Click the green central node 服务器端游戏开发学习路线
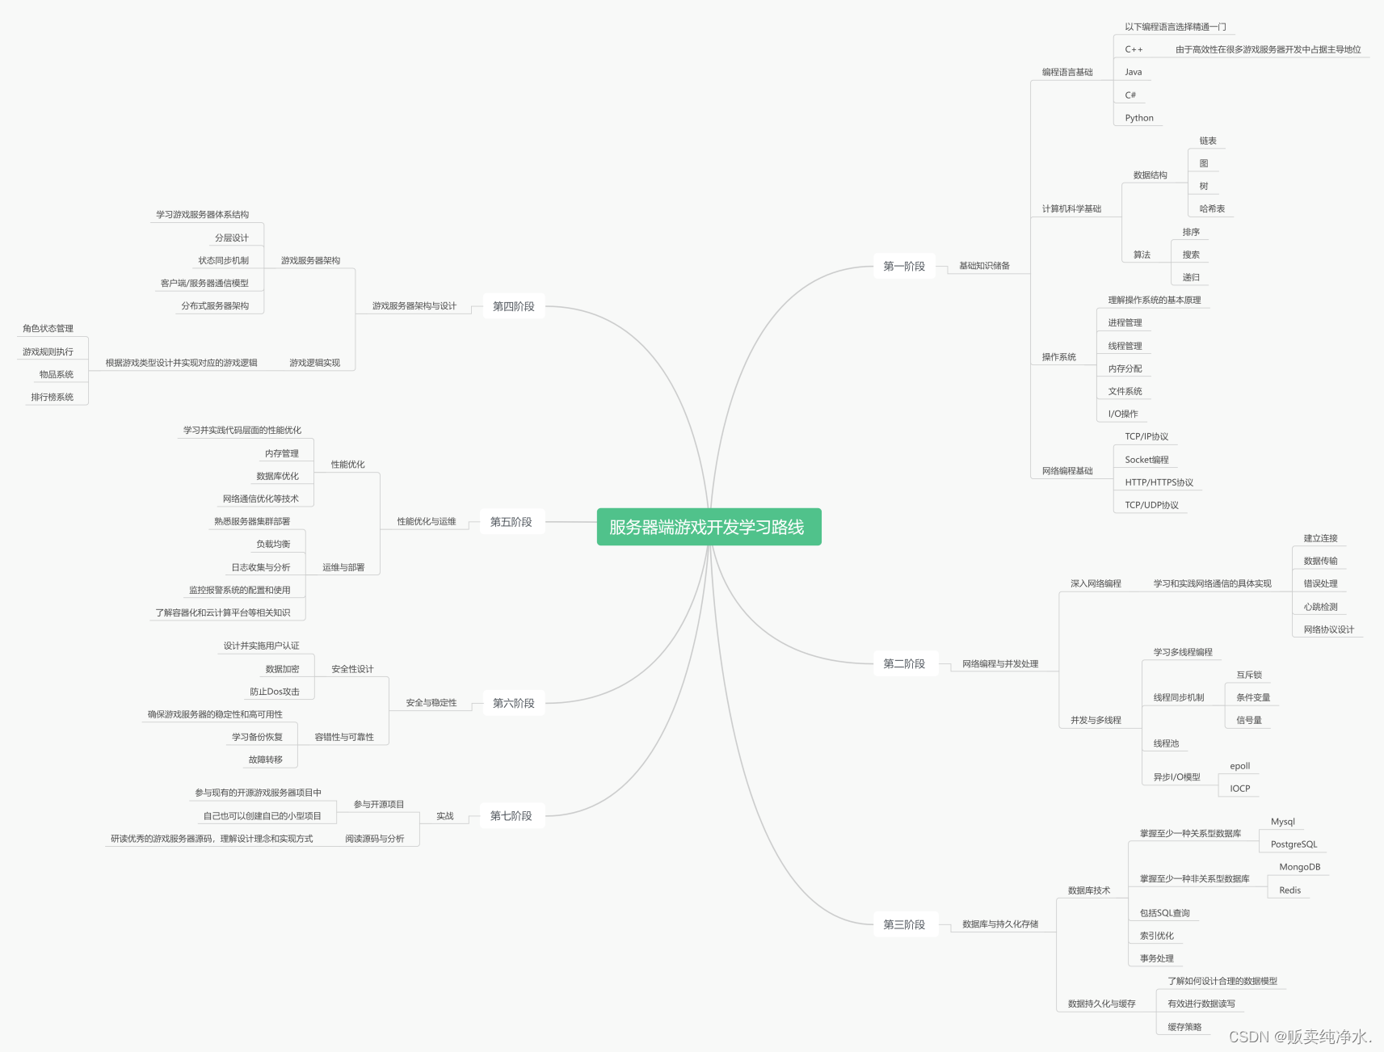pos(709,527)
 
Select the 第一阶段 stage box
pos(903,267)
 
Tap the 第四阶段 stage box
pos(513,306)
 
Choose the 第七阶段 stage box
pos(511,816)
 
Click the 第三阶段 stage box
pos(903,924)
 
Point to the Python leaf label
pos(1138,118)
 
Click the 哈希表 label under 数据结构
pos(1211,209)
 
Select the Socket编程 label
pos(1146,460)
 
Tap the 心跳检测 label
pos(1320,607)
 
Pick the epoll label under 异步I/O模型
pos(1239,766)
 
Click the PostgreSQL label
pos(1294,844)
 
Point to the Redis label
pos(1289,890)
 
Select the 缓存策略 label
pos(1184,1027)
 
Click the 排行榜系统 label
pos(52,398)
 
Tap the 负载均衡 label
pos(273,545)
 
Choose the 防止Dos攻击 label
pos(274,692)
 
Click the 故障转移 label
pos(265,760)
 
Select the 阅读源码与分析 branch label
pos(374,839)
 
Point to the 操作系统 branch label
pos(1058,357)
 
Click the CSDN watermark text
pos(1299,1037)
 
